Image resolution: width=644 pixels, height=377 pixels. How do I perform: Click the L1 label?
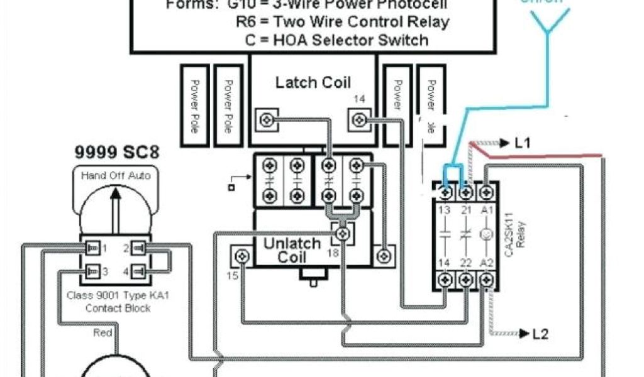coord(522,143)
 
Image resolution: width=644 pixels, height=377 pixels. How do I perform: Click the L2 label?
coord(540,334)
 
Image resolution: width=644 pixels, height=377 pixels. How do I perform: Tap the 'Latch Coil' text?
coord(313,82)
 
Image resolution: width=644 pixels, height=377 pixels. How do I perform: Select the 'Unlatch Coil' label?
coord(292,249)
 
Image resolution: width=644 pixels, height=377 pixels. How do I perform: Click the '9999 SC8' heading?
coord(117,152)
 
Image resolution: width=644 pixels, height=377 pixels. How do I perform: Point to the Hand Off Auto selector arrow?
coord(116,210)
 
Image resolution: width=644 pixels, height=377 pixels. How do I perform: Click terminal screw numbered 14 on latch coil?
coord(358,118)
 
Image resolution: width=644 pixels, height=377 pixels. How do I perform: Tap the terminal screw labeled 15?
coord(241,256)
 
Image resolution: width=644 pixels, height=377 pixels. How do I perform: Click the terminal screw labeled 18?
coord(342,234)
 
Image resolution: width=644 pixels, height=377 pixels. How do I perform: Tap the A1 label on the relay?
coord(486,210)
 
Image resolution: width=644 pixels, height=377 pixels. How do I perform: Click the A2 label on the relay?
coord(486,263)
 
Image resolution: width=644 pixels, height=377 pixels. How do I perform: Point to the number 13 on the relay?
coord(445,210)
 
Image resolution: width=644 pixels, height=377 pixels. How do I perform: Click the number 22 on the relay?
coord(465,263)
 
